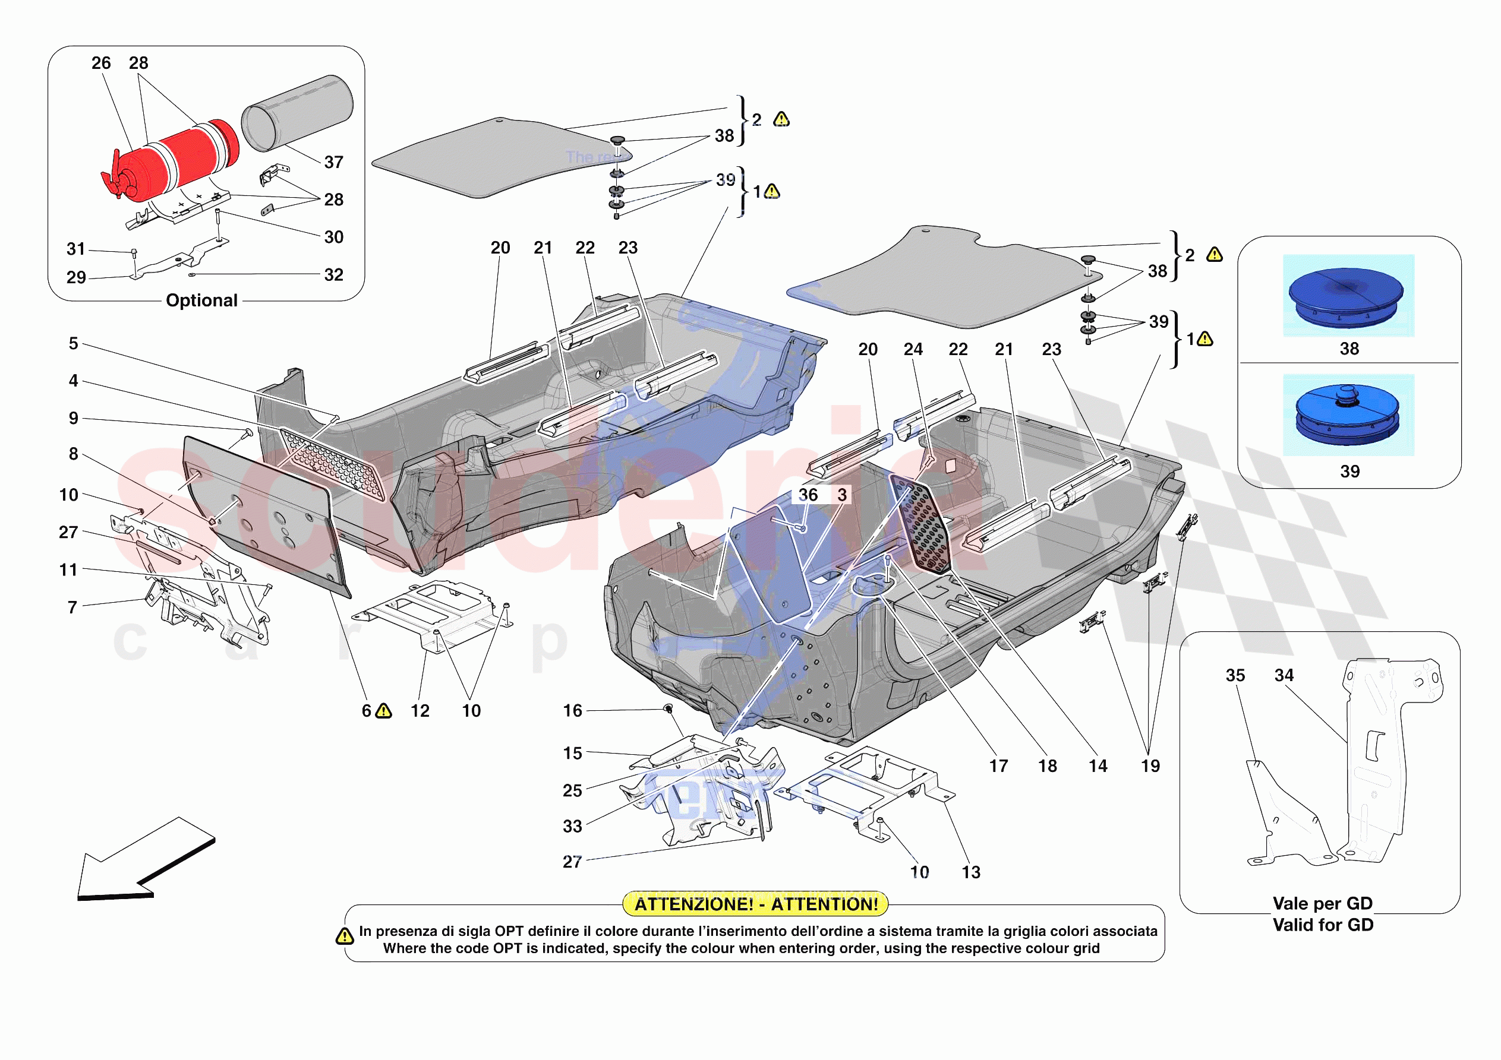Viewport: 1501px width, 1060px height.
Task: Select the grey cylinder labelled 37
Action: [298, 112]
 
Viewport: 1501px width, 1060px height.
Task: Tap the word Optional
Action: [201, 300]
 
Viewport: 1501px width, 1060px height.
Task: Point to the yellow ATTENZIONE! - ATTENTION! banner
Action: [755, 904]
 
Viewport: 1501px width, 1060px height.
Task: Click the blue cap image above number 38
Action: [1348, 295]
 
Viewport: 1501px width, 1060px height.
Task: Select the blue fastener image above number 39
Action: [1348, 415]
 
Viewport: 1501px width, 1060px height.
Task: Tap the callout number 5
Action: [73, 344]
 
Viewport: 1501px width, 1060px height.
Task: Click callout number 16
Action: [572, 711]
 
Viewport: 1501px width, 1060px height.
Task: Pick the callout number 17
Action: [998, 766]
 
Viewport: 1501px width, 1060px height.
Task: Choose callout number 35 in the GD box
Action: [1235, 675]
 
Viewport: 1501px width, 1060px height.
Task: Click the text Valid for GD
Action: [1323, 925]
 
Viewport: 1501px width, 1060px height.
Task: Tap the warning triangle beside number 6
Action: [384, 711]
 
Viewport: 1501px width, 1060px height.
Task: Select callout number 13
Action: [971, 872]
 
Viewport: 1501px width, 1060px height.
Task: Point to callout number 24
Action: [913, 350]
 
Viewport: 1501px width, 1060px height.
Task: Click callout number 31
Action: [76, 249]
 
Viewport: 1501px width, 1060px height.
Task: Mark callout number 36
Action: [808, 495]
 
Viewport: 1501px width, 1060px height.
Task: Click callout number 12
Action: [420, 711]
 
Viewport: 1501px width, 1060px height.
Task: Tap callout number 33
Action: [572, 827]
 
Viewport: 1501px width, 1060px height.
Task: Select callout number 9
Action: [73, 418]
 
